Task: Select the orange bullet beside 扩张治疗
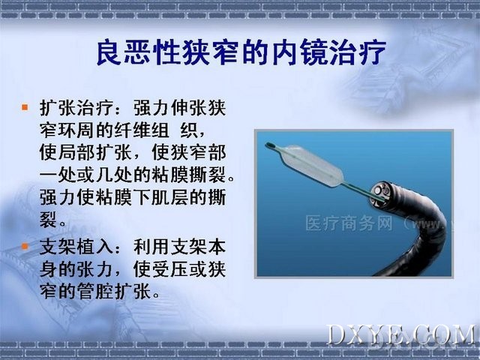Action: click(25, 107)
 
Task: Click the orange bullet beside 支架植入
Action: click(25, 246)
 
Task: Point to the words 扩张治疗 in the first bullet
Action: click(76, 108)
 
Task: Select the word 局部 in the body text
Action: click(76, 152)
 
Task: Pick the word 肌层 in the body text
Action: click(169, 197)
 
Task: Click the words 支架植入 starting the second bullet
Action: click(76, 247)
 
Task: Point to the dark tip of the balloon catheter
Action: click(271, 145)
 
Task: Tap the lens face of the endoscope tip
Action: click(381, 193)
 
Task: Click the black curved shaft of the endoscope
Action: click(428, 232)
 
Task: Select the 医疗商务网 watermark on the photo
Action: click(349, 223)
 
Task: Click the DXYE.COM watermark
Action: click(401, 335)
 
